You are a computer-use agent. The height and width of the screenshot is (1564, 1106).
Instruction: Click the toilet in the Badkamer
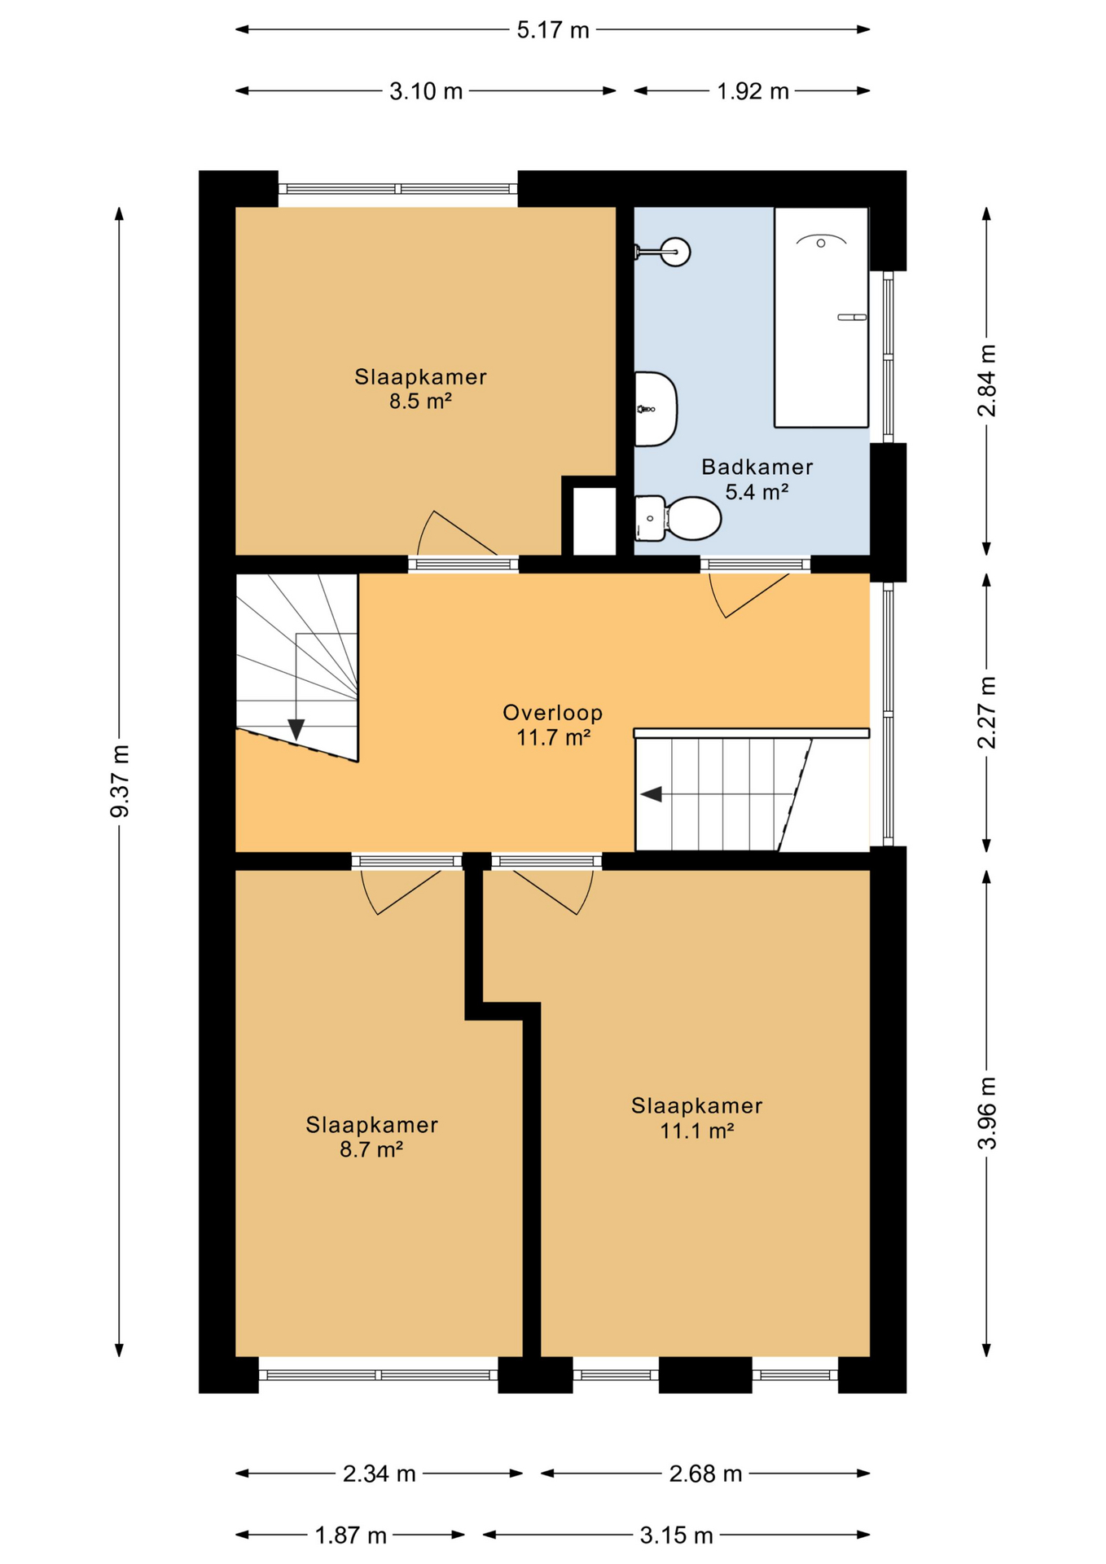[x=678, y=518]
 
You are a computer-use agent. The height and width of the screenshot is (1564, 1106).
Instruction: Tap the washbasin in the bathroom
[x=656, y=409]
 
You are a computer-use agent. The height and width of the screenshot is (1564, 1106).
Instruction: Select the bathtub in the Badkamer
[x=821, y=317]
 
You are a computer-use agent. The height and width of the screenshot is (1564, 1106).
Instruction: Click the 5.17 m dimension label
[x=553, y=30]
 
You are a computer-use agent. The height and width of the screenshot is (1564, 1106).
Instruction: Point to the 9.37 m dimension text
[x=120, y=780]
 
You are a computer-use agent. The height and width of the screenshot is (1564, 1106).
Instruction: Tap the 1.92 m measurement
[x=753, y=91]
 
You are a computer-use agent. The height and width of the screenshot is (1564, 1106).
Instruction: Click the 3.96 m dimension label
[x=987, y=1113]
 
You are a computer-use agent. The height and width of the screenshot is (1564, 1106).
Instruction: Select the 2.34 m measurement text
[x=380, y=1474]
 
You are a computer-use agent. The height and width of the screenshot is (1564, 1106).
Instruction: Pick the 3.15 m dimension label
[x=676, y=1535]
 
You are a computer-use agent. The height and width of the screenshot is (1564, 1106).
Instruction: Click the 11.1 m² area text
[x=697, y=1131]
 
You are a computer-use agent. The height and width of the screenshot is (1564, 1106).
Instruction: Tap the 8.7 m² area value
[x=371, y=1149]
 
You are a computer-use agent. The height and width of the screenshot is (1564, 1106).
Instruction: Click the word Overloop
[x=553, y=713]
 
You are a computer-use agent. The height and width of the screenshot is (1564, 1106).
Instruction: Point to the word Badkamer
[x=757, y=467]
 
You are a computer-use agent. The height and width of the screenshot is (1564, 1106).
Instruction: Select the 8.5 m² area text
[x=420, y=401]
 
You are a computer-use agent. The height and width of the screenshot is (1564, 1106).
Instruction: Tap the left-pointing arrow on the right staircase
[x=651, y=794]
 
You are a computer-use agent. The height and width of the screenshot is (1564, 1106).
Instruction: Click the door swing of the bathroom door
[x=749, y=595]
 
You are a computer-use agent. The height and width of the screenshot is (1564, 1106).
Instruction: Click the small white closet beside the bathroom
[x=594, y=521]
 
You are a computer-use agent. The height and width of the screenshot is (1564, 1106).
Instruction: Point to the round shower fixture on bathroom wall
[x=675, y=252]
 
